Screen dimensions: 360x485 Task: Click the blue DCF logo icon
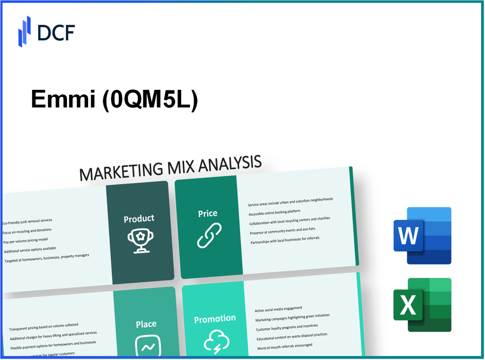click(25, 31)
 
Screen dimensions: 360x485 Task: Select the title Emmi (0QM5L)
click(114, 101)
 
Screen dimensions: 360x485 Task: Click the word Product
click(139, 219)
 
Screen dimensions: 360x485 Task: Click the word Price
click(207, 213)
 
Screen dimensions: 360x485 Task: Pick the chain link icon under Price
click(209, 235)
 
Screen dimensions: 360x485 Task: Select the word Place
click(146, 324)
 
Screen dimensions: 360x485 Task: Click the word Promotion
click(215, 319)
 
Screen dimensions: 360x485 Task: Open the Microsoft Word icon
click(422, 236)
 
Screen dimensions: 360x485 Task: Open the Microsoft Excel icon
click(422, 305)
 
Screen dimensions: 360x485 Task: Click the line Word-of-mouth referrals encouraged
click(285, 347)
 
